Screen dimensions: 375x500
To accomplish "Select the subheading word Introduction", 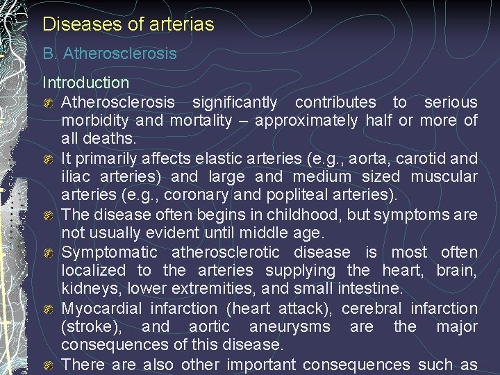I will [x=86, y=83].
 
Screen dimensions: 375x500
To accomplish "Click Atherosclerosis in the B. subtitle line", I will [x=120, y=53].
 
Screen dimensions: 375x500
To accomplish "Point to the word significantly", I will [x=235, y=102].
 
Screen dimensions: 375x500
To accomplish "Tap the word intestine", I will [x=377, y=289].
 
